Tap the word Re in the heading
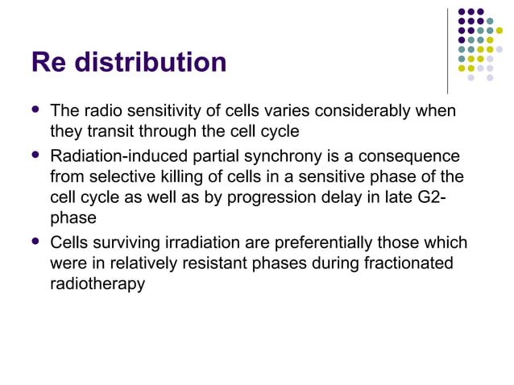(47, 62)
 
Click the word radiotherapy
(97, 283)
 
